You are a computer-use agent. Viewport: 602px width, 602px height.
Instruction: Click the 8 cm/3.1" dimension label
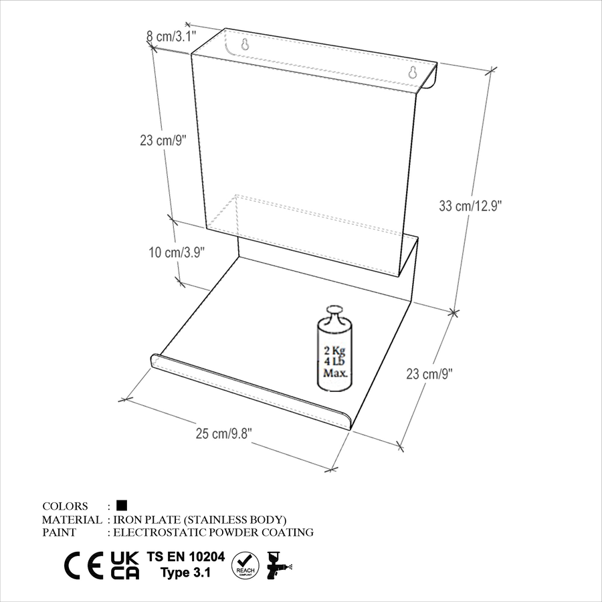(171, 37)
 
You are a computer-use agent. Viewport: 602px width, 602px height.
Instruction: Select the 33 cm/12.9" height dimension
(470, 206)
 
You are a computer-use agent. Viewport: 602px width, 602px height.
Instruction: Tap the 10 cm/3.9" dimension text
(177, 253)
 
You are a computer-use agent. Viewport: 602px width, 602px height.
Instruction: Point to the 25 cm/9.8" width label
(224, 434)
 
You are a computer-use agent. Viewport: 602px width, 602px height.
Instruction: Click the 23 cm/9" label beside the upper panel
(163, 140)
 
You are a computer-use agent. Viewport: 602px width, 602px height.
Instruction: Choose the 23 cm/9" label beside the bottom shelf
(429, 373)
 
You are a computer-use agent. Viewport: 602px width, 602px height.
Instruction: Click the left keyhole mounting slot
(245, 45)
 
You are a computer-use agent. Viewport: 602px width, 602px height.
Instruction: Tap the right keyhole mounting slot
(413, 72)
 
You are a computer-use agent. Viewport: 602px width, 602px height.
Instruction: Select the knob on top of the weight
(334, 312)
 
